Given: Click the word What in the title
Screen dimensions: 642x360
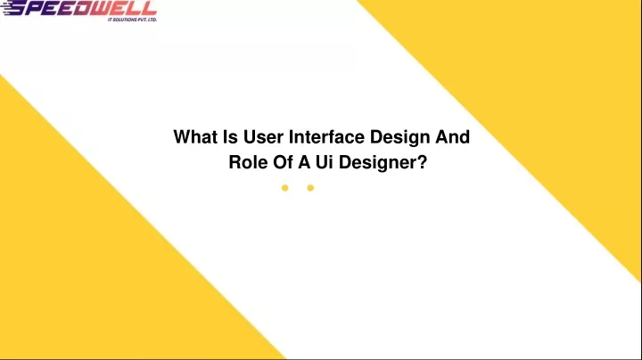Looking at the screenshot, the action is (195, 136).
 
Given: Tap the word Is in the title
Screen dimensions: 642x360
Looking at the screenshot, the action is (231, 136).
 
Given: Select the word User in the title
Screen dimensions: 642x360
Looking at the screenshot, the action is (263, 136).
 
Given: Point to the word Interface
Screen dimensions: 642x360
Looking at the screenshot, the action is (326, 136).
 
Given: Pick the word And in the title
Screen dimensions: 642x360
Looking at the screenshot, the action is (452, 136).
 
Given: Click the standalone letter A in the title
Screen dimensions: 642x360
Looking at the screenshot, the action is (304, 162).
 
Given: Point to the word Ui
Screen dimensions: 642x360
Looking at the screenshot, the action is (325, 162).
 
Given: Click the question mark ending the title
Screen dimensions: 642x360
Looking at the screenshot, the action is (421, 162).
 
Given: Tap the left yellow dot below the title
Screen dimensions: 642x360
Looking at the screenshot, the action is (285, 188).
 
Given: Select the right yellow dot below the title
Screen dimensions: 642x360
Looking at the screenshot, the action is (310, 188).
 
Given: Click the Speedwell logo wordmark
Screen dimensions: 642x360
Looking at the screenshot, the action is (79, 8).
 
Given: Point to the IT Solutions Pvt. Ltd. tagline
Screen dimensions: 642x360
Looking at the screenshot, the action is (132, 20).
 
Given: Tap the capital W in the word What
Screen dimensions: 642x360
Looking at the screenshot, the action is (182, 136).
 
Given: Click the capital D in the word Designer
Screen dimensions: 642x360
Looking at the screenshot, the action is (345, 162).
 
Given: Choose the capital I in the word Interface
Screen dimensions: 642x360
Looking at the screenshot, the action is (291, 136).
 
